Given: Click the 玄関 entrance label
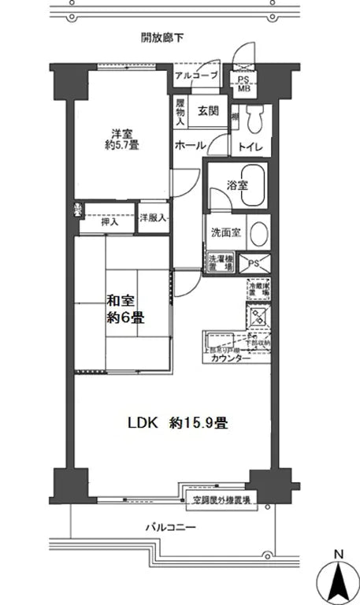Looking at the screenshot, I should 208,110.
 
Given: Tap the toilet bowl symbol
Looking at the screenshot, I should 255,119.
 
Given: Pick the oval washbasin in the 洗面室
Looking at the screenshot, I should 262,234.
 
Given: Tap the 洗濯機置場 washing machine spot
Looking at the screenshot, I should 220,262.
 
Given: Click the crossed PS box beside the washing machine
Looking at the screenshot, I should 256,262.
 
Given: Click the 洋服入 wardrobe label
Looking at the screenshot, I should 153,218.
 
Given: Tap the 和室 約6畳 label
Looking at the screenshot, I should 125,309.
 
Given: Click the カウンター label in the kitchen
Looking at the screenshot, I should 230,358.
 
